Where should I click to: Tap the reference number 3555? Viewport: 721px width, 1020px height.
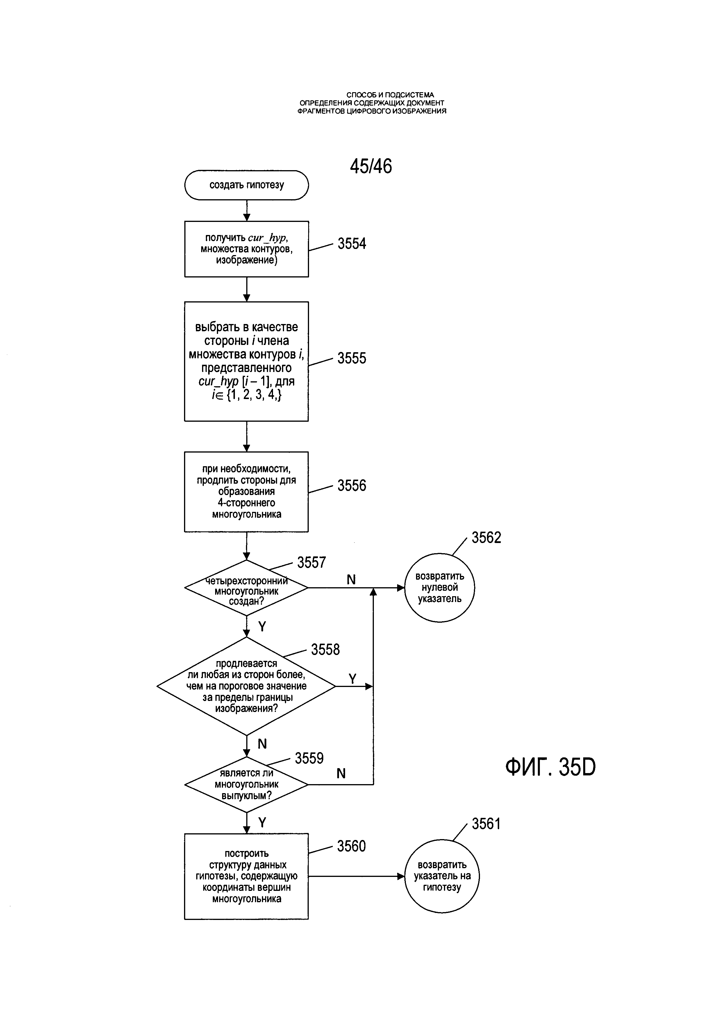351,358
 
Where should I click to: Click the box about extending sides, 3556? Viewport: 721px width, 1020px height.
247,492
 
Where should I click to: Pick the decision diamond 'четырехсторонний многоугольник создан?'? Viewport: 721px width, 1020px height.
247,588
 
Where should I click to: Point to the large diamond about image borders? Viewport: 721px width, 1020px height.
247,686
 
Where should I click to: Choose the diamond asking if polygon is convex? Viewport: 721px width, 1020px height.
247,784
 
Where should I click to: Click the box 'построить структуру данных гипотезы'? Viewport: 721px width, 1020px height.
247,877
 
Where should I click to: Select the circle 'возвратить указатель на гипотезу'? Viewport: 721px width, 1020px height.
442,876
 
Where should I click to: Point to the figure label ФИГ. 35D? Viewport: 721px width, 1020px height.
551,767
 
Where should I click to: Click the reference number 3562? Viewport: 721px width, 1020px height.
486,537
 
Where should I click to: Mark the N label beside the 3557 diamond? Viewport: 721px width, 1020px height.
351,579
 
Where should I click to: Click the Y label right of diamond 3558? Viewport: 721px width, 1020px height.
353,679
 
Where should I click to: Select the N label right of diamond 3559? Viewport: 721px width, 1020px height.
341,773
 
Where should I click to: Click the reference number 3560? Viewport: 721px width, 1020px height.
351,846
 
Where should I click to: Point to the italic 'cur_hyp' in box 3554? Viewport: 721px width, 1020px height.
268,238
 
